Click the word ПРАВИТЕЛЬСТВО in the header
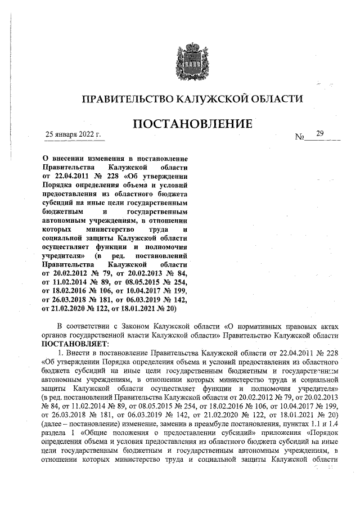pos(128,99)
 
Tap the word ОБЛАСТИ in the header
pos(278,99)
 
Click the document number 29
pos(320,133)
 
